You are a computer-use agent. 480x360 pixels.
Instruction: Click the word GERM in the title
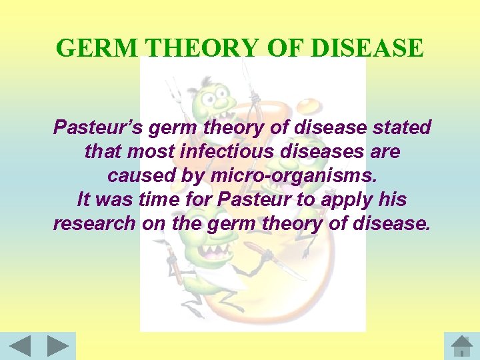[98, 48]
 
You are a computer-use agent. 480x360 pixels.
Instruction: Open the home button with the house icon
[461, 346]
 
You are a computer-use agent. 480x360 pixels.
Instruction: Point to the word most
[150, 151]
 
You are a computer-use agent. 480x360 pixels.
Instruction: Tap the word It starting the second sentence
[85, 199]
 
